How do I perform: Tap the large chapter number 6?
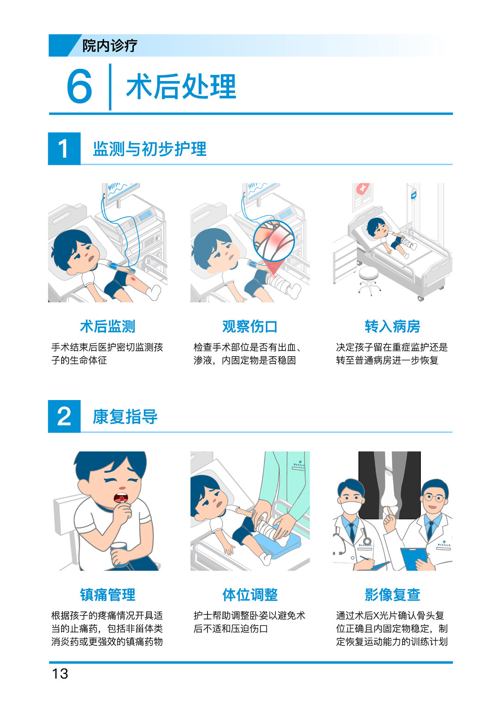(x=79, y=86)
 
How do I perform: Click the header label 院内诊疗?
(x=110, y=45)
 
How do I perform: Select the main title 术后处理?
(x=181, y=87)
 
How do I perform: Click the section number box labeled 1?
(x=64, y=148)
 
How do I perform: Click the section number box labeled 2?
(x=64, y=416)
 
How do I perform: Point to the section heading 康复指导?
(x=125, y=417)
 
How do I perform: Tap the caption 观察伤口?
(x=250, y=326)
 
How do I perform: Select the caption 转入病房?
(x=393, y=326)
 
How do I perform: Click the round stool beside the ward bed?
(x=369, y=279)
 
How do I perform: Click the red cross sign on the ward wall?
(x=362, y=189)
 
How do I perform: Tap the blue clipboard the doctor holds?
(x=413, y=558)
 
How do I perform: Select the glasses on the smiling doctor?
(x=434, y=498)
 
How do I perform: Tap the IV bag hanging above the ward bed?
(x=413, y=195)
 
